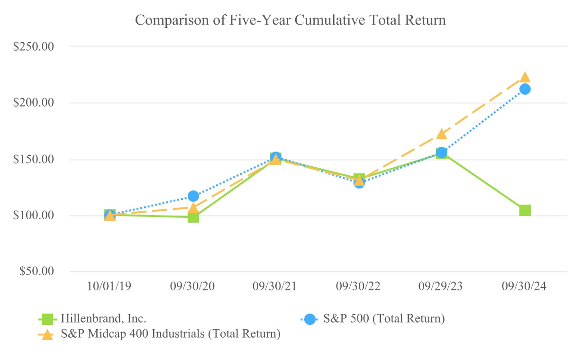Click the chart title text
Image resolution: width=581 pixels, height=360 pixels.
click(290, 20)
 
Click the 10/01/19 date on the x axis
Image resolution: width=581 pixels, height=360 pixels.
click(110, 288)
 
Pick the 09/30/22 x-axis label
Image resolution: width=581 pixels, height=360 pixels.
click(359, 288)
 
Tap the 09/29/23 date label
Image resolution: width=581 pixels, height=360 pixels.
click(442, 288)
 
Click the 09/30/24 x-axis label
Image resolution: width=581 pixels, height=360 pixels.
click(525, 288)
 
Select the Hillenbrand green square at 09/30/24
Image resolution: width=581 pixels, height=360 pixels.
click(525, 210)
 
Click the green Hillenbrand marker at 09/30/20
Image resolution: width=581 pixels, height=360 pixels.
click(193, 217)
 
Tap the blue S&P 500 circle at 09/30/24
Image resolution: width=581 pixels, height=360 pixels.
click(525, 89)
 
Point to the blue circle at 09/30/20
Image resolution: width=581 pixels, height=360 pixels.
click(193, 196)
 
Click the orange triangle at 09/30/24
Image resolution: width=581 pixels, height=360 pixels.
click(525, 77)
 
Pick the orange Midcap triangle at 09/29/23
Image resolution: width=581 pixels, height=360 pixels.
click(442, 134)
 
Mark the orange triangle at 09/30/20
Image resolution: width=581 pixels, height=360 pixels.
click(193, 207)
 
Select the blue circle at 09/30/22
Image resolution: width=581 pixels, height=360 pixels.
click(359, 183)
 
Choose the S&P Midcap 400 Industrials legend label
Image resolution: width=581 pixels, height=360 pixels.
click(171, 334)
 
